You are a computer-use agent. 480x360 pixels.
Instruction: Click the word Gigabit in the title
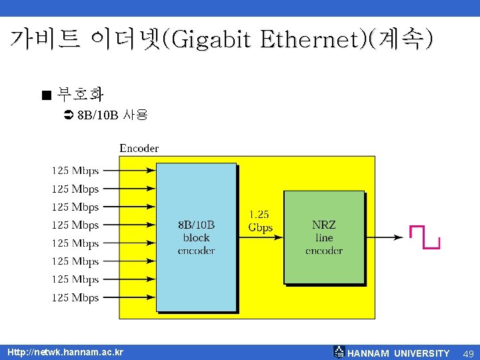(212, 41)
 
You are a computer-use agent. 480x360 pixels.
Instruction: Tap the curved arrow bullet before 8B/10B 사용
(67, 115)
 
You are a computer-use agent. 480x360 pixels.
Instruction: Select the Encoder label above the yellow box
(139, 148)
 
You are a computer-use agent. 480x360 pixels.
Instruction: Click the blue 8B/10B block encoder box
(196, 237)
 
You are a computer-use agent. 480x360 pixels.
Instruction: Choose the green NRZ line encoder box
(324, 237)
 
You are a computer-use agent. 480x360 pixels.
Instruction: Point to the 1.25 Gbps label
(260, 221)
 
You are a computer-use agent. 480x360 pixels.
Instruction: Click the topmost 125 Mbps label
(75, 171)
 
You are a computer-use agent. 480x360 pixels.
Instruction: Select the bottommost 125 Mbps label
(75, 297)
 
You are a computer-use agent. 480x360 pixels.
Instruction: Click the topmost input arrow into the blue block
(129, 171)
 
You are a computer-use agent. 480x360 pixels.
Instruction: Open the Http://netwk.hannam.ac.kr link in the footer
(65, 351)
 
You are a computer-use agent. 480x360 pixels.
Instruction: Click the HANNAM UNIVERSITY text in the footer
(399, 353)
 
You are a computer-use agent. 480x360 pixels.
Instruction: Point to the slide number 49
(468, 353)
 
